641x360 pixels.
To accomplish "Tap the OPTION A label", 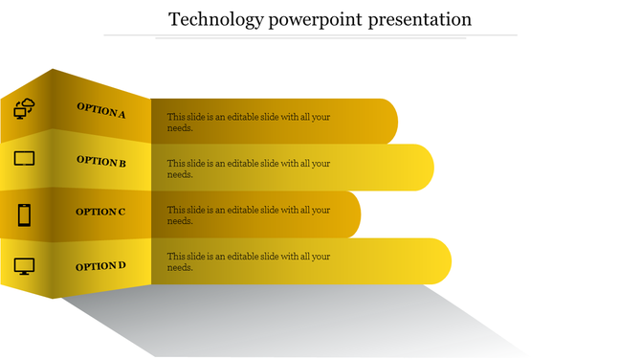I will tap(100, 111).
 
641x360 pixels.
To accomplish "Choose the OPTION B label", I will tap(101, 162).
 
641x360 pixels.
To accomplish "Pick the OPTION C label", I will tap(100, 212).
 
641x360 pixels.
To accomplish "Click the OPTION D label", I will tap(100, 266).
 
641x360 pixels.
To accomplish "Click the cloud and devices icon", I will tap(25, 109).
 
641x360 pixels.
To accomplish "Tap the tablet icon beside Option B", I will tap(24, 158).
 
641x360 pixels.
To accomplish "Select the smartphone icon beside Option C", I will tap(25, 214).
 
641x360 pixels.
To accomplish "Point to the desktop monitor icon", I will tap(24, 266).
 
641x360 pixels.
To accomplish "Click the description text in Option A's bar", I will tap(248, 123).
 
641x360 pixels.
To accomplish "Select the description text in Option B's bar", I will tap(248, 169).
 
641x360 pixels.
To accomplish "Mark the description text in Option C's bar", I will tap(248, 215).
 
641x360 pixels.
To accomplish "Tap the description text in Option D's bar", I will tap(248, 262).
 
